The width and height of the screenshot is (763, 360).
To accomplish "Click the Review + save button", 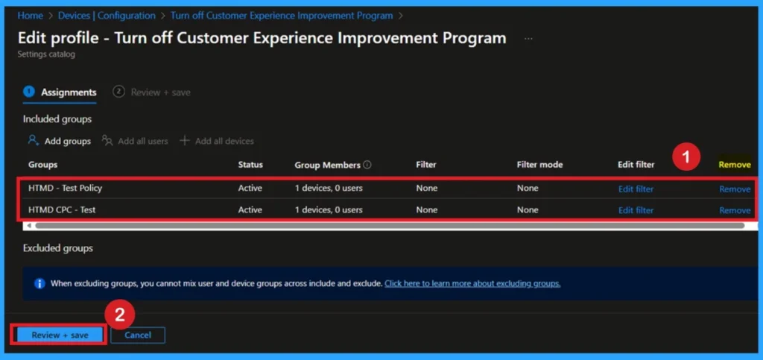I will click(x=60, y=335).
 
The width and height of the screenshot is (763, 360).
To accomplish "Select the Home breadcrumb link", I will click(x=30, y=16).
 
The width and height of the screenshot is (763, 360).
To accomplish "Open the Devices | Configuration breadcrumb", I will click(x=107, y=16).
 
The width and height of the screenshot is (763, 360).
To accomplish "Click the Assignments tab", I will click(x=68, y=92).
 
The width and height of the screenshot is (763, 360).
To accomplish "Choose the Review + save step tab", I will click(x=159, y=92).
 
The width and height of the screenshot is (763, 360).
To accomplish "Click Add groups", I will click(x=67, y=141).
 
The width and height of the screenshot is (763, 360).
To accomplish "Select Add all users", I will click(x=142, y=141).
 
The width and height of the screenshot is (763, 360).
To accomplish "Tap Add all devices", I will click(x=224, y=141).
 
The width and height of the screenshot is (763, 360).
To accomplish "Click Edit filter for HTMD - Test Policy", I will click(x=636, y=189).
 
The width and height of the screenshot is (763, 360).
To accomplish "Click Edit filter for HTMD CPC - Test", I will click(x=636, y=210).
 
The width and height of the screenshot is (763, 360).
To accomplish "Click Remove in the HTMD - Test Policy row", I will click(x=735, y=189).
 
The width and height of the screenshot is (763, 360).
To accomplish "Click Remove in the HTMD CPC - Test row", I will click(x=735, y=210).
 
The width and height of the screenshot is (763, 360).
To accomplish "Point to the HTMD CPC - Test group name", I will click(x=62, y=210).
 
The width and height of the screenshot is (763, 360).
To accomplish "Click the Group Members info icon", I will click(x=367, y=165).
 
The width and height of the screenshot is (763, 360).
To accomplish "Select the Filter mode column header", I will click(x=539, y=165).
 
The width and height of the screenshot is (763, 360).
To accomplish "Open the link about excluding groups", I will click(x=472, y=283).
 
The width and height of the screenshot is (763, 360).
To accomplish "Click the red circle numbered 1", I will click(x=686, y=158).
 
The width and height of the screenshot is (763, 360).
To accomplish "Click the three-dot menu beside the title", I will click(x=528, y=38).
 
